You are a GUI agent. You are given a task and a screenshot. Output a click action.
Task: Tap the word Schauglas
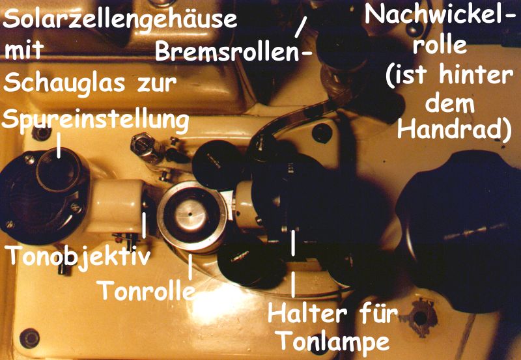point(64,84)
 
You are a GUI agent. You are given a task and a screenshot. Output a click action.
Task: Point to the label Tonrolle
point(146,290)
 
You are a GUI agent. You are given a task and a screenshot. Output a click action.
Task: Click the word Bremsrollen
point(227,52)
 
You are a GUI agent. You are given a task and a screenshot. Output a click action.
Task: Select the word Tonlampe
point(333,340)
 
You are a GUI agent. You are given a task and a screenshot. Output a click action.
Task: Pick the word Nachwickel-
point(438,15)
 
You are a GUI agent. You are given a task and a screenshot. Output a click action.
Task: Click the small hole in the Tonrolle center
point(190,214)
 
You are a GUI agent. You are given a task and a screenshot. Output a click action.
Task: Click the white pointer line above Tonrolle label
point(190,267)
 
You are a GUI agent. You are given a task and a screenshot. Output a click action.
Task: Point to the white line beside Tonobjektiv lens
point(144,225)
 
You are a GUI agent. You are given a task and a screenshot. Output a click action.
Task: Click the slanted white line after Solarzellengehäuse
point(300,27)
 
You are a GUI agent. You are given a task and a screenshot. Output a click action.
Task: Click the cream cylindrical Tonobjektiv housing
point(117,206)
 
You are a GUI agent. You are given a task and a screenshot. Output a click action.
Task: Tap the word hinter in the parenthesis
point(476,76)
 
